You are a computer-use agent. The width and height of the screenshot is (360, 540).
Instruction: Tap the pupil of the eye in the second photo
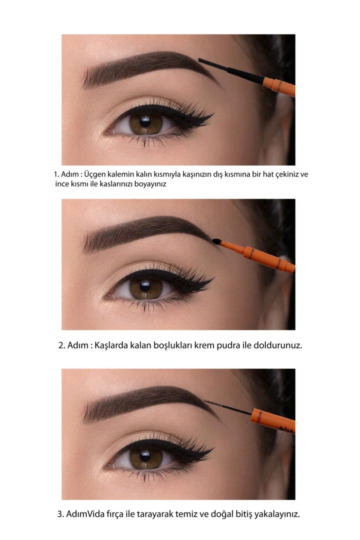(x=145, y=287)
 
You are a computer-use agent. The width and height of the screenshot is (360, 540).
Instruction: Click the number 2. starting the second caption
(x=62, y=345)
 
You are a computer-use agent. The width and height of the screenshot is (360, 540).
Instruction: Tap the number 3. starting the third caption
(x=61, y=514)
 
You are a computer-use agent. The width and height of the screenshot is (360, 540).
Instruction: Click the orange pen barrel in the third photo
(x=273, y=420)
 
